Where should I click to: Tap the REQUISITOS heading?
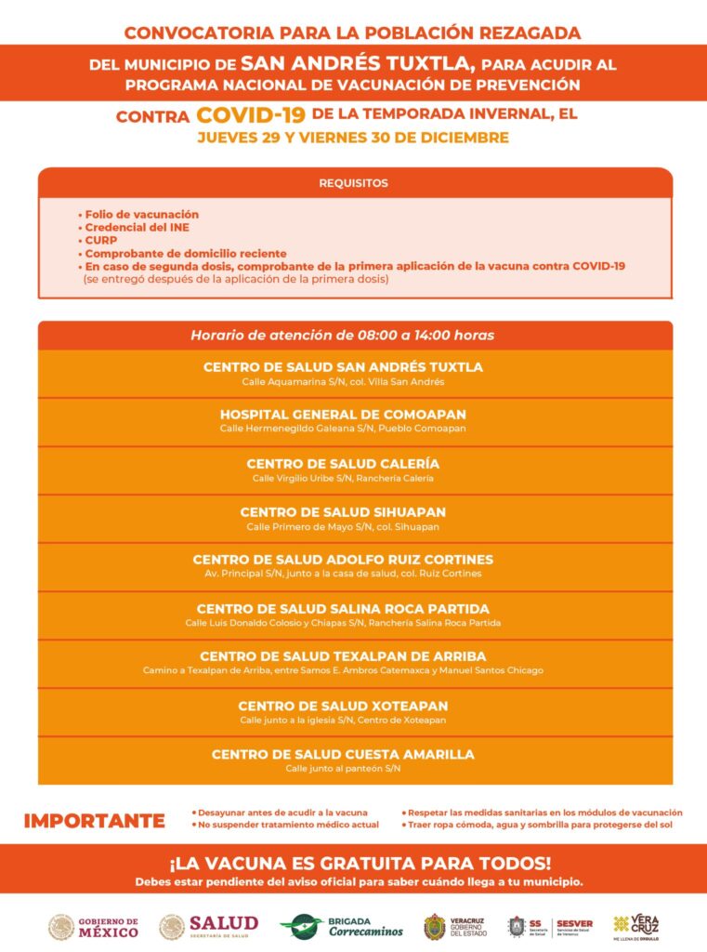coord(353,183)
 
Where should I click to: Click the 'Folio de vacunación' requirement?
coord(141,214)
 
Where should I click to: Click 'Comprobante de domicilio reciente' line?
coord(185,253)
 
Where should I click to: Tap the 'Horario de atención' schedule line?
coord(343,335)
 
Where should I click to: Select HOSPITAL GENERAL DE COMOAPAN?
coord(343,414)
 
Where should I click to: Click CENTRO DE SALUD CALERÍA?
coord(343,463)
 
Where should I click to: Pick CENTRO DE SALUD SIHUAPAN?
coord(343,511)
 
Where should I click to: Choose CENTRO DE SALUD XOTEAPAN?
coord(343,706)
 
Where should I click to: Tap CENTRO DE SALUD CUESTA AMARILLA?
coord(343,754)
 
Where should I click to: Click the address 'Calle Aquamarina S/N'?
coord(343,382)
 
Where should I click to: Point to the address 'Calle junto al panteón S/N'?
coord(343,769)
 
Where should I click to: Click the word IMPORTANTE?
coord(94,821)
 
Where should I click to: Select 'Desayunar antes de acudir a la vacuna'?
coord(282,813)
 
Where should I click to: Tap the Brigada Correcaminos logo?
coord(342,926)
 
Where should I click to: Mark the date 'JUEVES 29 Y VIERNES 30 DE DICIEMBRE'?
coord(352,139)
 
